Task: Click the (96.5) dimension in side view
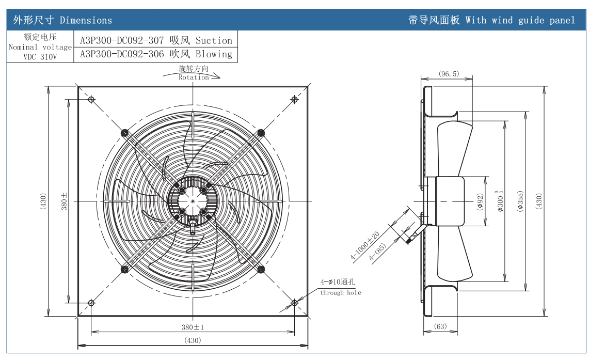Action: pyautogui.click(x=448, y=74)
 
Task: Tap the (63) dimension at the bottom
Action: pyautogui.click(x=440, y=326)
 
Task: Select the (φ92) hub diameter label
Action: pyautogui.click(x=480, y=201)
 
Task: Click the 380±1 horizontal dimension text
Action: pyautogui.click(x=193, y=327)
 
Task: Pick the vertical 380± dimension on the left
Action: pyautogui.click(x=65, y=201)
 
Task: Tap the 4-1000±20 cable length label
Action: pyautogui.click(x=365, y=245)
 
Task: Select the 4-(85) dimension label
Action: pyautogui.click(x=378, y=253)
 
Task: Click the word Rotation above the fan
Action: pyautogui.click(x=194, y=77)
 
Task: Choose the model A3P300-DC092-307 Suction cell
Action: pyautogui.click(x=156, y=40)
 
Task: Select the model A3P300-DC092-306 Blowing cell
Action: pyautogui.click(x=156, y=54)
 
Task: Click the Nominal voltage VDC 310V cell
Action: pyautogui.click(x=40, y=47)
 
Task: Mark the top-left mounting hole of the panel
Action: pyautogui.click(x=91, y=99)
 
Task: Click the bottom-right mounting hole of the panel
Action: pyautogui.click(x=294, y=303)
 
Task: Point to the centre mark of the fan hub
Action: pyautogui.click(x=193, y=200)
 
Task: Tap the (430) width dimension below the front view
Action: pyautogui.click(x=193, y=340)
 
